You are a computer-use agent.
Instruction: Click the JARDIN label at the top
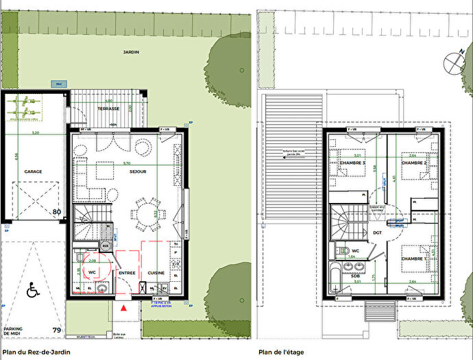tap(130, 52)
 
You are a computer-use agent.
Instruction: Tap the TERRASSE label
tap(108, 109)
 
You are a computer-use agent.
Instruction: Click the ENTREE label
tap(127, 272)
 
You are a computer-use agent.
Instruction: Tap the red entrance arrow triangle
tap(123, 309)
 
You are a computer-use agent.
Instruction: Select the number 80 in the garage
tap(56, 213)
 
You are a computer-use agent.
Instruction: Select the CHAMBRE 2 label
tap(415, 163)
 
